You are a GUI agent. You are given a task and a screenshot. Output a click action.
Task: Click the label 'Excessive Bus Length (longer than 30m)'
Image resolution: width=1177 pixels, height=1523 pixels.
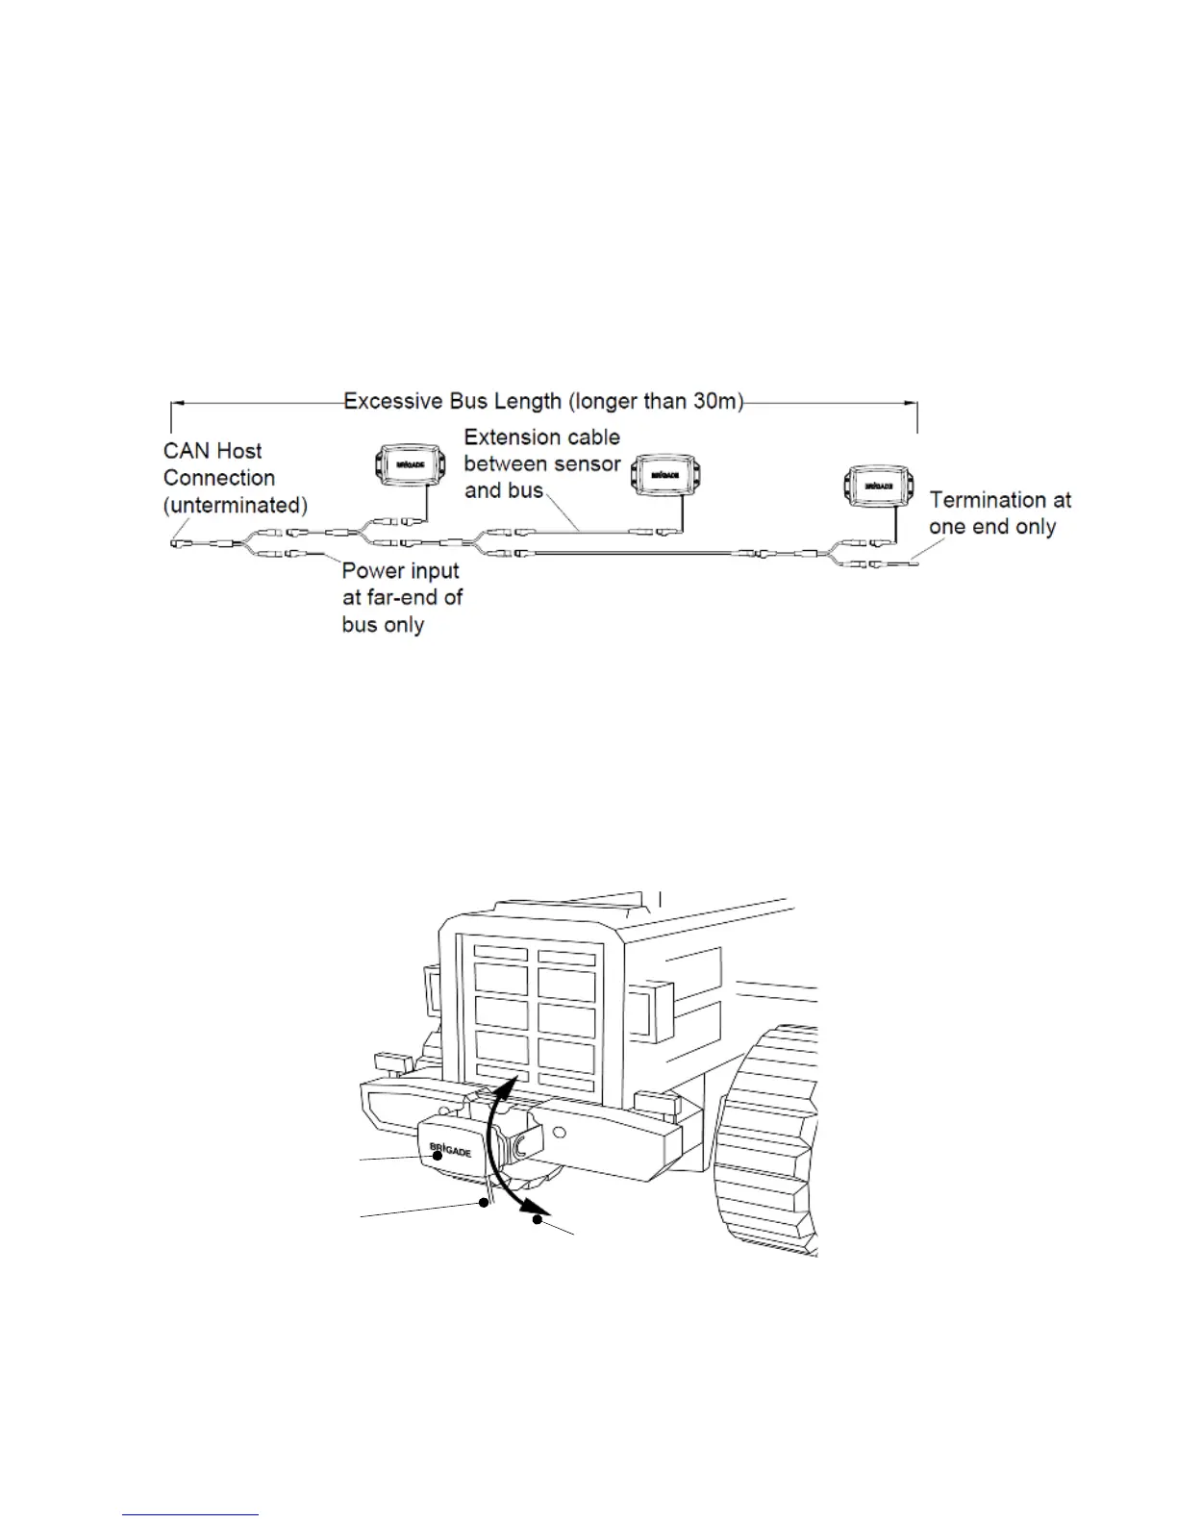[x=543, y=401]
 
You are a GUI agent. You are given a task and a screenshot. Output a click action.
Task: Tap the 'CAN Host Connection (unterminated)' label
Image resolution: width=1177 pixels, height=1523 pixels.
[x=235, y=478]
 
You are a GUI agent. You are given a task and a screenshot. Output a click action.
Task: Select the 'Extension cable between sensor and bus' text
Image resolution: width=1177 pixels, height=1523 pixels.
[x=542, y=463]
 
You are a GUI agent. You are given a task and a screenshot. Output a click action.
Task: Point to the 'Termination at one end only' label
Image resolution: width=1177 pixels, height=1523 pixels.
[x=999, y=513]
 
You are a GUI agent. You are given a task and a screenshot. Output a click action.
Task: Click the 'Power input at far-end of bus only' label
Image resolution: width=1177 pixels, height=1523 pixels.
[x=402, y=597]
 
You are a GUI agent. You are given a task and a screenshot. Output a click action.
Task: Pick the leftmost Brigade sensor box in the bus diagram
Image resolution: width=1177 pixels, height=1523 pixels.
[x=410, y=464]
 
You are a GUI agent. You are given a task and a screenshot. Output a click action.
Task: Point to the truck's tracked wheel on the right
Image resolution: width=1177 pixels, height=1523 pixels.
[x=774, y=1144]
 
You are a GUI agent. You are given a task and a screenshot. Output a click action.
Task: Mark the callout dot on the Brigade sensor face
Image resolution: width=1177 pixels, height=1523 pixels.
[x=438, y=1157]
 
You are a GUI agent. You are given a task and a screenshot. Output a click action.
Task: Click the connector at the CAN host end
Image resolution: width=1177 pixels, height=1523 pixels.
[x=180, y=545]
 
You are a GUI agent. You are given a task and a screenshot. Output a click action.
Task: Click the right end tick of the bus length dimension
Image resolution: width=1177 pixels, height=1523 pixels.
[x=917, y=416]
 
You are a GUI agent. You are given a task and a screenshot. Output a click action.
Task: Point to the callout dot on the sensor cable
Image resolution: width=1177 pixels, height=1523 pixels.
[x=485, y=1202]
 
